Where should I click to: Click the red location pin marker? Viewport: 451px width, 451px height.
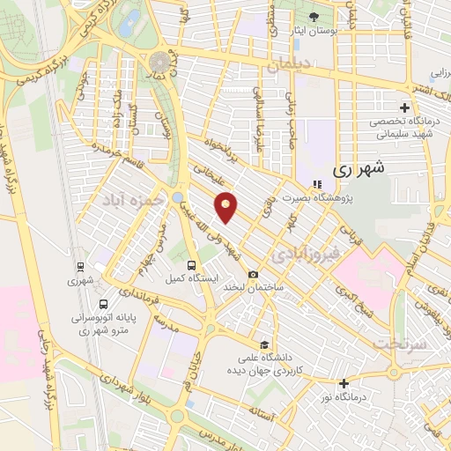(227, 205)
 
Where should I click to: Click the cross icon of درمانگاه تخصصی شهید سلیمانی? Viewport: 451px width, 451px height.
(403, 107)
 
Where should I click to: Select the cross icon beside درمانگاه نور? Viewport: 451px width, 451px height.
(344, 383)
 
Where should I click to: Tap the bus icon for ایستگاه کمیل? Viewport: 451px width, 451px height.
(192, 264)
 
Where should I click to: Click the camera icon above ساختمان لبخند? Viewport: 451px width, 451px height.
(254, 274)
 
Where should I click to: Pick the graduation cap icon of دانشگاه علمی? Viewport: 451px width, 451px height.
(262, 344)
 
